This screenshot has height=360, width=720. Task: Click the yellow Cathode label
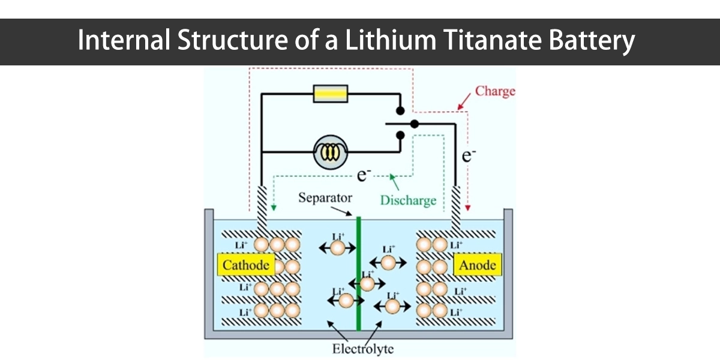click(246, 265)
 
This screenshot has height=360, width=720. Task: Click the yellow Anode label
click(478, 265)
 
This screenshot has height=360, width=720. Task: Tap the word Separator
click(325, 198)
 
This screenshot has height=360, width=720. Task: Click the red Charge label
click(495, 91)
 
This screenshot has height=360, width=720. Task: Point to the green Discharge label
click(408, 200)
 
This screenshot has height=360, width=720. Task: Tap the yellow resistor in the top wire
click(331, 94)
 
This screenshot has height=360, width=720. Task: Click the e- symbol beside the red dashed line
click(469, 155)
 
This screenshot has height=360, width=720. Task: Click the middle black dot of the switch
click(414, 124)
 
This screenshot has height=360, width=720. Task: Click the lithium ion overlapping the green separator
click(367, 283)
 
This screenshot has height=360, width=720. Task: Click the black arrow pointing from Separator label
click(346, 210)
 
